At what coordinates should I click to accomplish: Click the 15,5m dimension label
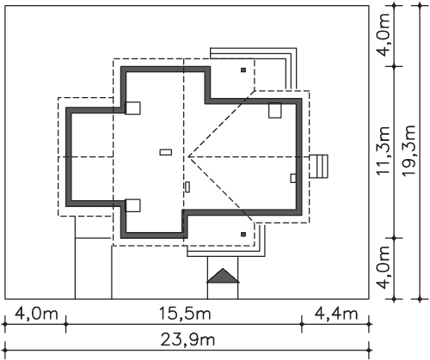pos(185,314)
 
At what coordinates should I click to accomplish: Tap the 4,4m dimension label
pos(336,314)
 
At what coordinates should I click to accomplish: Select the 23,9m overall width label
pos(187,340)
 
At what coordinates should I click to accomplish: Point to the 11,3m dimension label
pos(384,150)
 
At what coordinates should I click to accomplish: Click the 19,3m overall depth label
pos(408,150)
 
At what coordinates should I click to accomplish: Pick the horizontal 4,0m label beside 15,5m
pos(36,314)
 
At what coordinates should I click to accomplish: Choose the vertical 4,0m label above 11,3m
pos(384,35)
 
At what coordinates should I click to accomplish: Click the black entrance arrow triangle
pos(223,276)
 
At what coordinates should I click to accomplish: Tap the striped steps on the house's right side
pos(318,167)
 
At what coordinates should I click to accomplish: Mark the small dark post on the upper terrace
pos(243,70)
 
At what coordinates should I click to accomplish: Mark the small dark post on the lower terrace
pos(243,235)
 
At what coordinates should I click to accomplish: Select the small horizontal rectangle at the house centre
pos(166,152)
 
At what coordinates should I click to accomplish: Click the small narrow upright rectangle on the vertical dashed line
pos(187,186)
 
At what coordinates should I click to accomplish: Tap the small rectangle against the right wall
pos(293,178)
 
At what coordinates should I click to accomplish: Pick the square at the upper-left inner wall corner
pos(133,108)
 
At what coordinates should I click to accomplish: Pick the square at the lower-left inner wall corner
pos(133,205)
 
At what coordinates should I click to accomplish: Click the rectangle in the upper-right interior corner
pos(275,110)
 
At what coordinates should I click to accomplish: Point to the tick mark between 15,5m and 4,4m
pos(302,324)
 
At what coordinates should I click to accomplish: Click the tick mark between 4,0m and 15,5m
pos(66,324)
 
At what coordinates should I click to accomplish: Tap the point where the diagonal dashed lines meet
pos(188,157)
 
